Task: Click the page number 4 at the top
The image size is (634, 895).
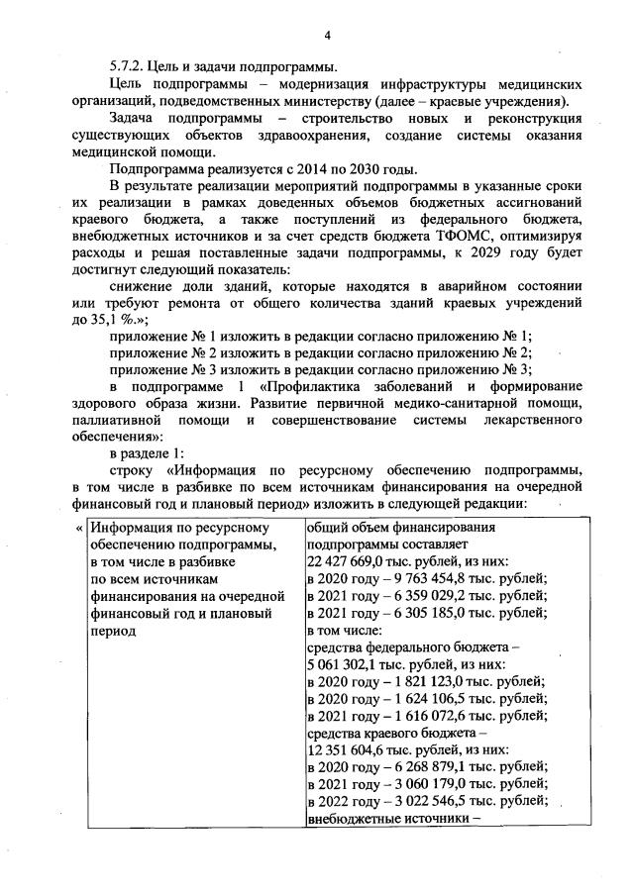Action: tap(325, 37)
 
